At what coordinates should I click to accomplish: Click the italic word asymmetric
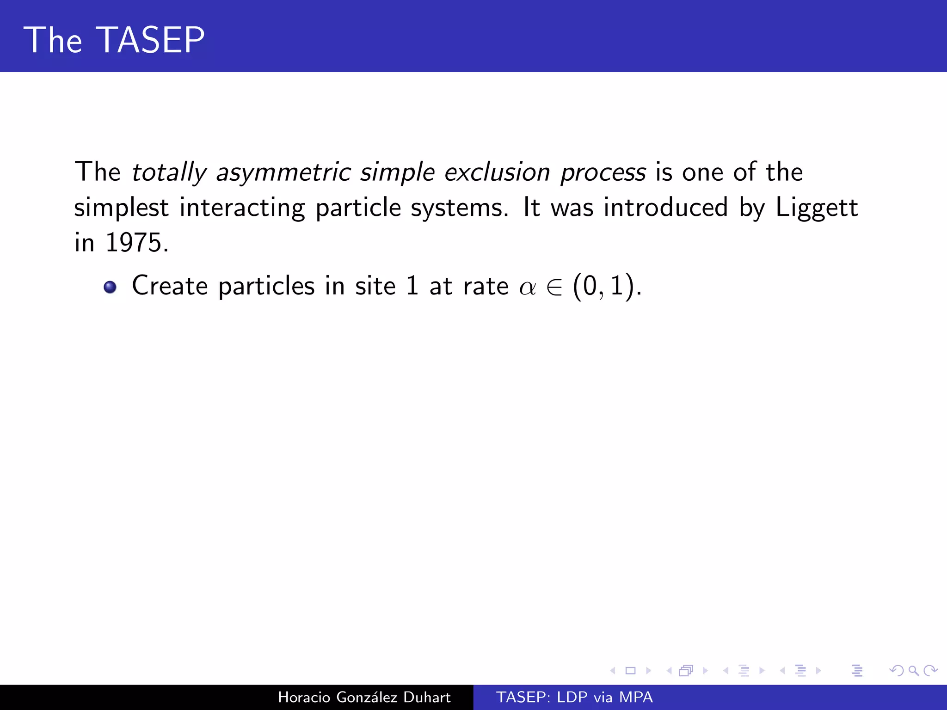(x=283, y=172)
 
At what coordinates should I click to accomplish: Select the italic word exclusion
(x=497, y=172)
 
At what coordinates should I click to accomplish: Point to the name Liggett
(x=817, y=208)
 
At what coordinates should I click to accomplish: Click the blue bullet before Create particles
(x=110, y=287)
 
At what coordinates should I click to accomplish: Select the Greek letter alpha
(x=527, y=288)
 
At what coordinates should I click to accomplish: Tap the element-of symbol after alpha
(x=554, y=287)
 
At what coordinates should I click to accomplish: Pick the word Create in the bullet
(x=169, y=286)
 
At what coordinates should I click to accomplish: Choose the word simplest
(x=121, y=208)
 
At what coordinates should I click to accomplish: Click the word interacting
(x=242, y=208)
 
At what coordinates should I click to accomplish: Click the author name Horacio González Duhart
(x=364, y=697)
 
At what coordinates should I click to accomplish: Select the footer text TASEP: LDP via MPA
(x=574, y=697)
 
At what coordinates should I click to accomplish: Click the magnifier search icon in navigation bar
(x=913, y=670)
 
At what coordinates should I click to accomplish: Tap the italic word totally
(x=169, y=172)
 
